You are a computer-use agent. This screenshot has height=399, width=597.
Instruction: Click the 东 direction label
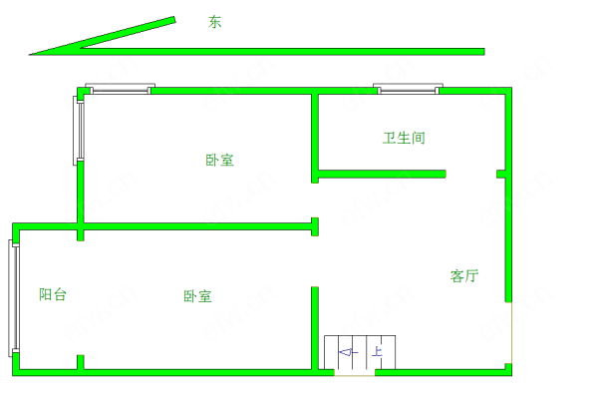[214, 22]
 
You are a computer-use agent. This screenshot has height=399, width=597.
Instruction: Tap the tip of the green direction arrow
[29, 55]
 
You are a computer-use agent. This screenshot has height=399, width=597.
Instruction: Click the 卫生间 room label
[404, 138]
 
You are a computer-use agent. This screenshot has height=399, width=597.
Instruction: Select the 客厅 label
[464, 275]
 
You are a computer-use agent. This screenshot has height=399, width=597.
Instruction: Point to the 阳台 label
[53, 294]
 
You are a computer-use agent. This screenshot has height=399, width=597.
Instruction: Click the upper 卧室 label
[219, 160]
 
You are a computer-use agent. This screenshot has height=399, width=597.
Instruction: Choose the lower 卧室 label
[197, 296]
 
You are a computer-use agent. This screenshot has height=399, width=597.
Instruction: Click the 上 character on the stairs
[377, 351]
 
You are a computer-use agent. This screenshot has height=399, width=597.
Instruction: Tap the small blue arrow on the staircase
[349, 352]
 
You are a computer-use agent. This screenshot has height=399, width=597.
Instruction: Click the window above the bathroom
[408, 89]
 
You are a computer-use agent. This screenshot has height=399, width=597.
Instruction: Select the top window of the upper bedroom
[120, 89]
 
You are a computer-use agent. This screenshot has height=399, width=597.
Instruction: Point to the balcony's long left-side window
[14, 298]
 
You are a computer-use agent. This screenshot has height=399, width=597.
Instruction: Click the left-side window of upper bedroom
[79, 131]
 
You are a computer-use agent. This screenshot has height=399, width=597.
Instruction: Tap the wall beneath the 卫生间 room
[382, 174]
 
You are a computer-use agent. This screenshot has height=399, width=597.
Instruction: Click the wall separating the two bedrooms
[197, 226]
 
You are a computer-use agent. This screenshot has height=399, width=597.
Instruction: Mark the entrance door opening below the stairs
[355, 373]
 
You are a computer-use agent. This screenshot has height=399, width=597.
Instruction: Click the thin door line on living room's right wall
[511, 333]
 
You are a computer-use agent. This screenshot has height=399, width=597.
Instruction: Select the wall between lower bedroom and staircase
[315, 328]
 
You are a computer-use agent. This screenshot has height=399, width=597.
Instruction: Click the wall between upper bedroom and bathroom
[315, 139]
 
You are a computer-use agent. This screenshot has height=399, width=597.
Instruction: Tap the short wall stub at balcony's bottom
[81, 362]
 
